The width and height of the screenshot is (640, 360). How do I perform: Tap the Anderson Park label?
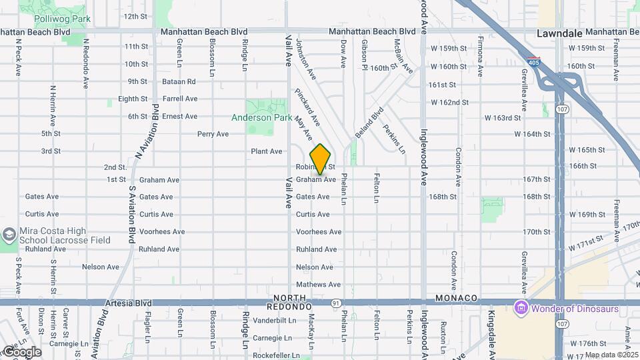(x=261, y=117)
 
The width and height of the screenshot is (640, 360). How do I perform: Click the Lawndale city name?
(x=561, y=33)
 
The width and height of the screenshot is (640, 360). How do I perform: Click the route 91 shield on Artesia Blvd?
(x=335, y=303)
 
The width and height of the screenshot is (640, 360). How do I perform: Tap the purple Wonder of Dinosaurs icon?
(x=521, y=308)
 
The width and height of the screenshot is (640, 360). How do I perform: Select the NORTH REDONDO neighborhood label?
(x=289, y=302)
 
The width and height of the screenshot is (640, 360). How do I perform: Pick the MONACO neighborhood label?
(x=457, y=297)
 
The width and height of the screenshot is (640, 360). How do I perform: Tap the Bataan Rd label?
(x=179, y=81)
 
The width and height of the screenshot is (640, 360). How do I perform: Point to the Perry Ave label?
(x=213, y=134)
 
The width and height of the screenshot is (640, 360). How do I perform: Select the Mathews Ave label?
(x=313, y=285)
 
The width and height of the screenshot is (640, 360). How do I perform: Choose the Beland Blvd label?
(x=369, y=122)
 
